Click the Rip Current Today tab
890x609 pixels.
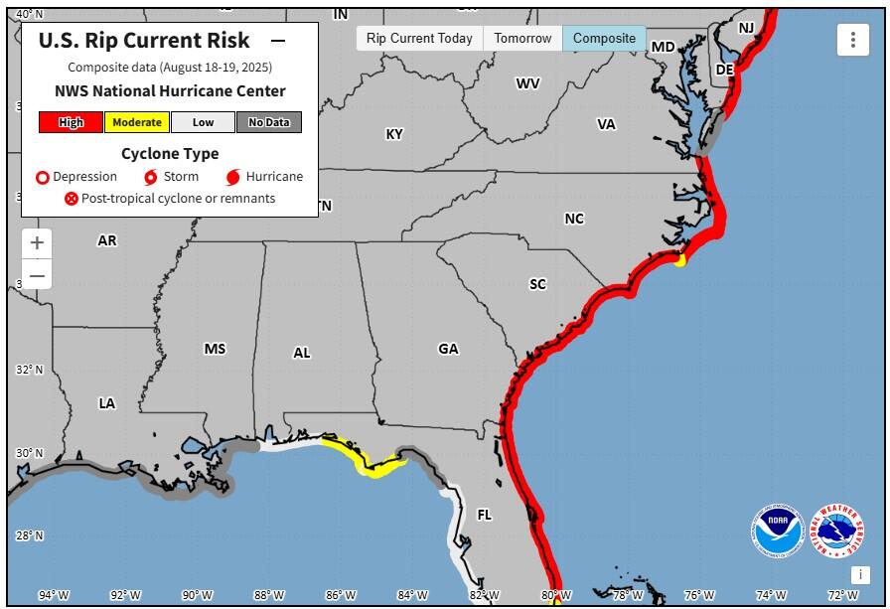[x=419, y=39]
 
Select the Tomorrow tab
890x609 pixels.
[x=522, y=39]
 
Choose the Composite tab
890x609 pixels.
[x=604, y=39]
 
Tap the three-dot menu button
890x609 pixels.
[x=852, y=41]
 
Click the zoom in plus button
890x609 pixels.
[x=37, y=242]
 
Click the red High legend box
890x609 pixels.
[x=71, y=122]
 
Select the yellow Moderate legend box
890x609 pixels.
[x=136, y=122]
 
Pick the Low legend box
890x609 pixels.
[x=203, y=122]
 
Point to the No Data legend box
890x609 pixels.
[x=268, y=122]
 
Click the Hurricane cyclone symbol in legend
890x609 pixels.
[x=233, y=178]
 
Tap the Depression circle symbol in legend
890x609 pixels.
[x=43, y=178]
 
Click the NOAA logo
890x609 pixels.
[x=777, y=532]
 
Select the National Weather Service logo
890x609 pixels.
[x=836, y=532]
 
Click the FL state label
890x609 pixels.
[x=484, y=516]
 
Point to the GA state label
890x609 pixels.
[x=448, y=349]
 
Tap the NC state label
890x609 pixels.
[x=574, y=219]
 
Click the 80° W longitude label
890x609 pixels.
[x=554, y=595]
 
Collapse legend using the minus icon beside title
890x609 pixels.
[x=278, y=42]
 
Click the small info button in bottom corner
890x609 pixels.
[x=860, y=575]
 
